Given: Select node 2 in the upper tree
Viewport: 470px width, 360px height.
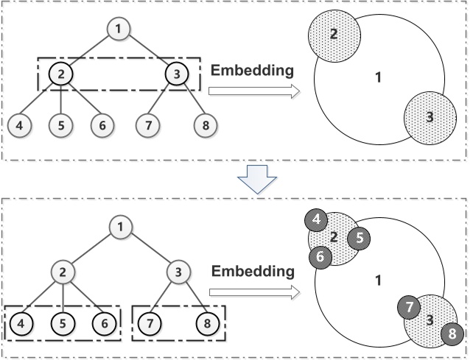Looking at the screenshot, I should click(60, 74).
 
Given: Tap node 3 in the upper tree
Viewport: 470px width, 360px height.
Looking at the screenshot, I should click(176, 74).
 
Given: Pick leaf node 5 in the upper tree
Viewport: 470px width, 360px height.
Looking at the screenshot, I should click(60, 124).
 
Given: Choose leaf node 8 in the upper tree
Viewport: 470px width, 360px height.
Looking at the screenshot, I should click(206, 124).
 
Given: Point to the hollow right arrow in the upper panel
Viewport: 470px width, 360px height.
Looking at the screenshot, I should click(253, 91).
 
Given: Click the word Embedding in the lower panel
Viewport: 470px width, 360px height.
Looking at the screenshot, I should click(253, 272).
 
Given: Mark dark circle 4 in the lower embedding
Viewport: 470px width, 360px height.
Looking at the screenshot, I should click(315, 219).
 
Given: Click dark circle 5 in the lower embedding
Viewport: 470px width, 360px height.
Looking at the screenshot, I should click(357, 238).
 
